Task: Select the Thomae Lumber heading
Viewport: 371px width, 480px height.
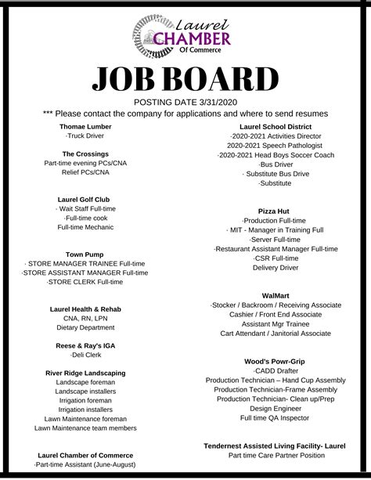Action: tap(85, 126)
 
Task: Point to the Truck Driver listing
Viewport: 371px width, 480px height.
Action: tap(85, 136)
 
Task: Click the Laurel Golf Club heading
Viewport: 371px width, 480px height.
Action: tap(85, 199)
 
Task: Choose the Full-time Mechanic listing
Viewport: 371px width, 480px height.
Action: tap(85, 226)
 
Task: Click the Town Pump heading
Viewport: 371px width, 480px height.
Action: tap(85, 254)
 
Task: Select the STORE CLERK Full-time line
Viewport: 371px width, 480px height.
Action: tap(85, 281)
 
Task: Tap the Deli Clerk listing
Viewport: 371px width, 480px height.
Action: tap(85, 355)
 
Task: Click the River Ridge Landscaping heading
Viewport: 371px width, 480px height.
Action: tap(85, 373)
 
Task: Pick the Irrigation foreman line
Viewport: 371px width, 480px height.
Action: tap(85, 400)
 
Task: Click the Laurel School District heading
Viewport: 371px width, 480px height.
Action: tap(276, 126)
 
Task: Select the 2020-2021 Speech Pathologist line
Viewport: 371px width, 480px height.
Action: tap(276, 145)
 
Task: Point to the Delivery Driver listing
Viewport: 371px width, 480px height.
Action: tap(276, 267)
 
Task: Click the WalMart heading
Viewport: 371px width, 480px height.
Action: tap(276, 294)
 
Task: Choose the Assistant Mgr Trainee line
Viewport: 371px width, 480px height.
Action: tap(276, 323)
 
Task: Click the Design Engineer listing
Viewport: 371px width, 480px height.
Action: tap(276, 407)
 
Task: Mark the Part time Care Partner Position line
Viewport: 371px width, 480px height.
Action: tap(276, 455)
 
